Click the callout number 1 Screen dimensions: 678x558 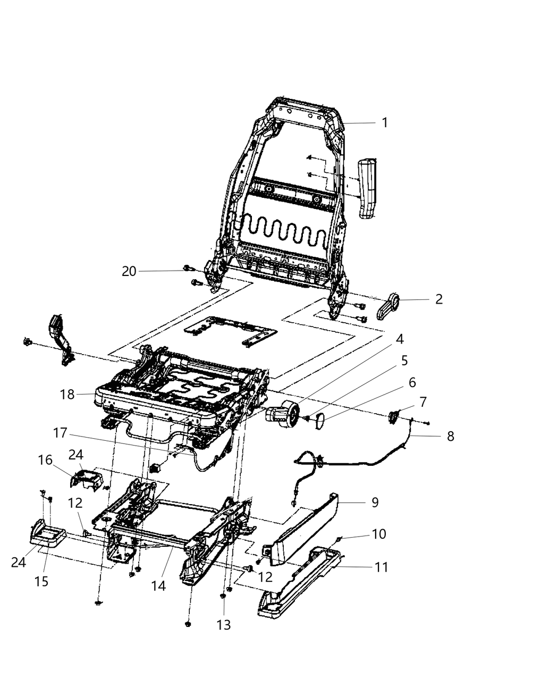(384, 123)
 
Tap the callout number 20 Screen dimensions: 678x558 (129, 271)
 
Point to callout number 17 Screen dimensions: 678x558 (60, 433)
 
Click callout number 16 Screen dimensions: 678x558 (45, 459)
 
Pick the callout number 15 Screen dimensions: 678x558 (41, 581)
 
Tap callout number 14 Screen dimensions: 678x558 (158, 585)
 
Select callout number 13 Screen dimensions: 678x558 (224, 625)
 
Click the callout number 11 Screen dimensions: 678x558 (381, 567)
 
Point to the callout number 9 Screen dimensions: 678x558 (375, 502)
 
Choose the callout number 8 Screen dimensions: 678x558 (451, 437)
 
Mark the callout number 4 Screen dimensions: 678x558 (399, 339)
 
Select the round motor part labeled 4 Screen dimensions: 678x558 (282, 414)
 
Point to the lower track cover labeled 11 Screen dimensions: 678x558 (300, 585)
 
